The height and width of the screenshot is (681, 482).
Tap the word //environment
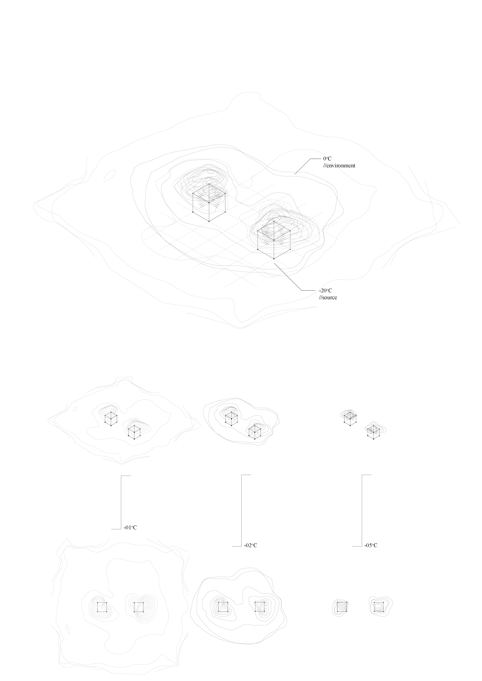(x=339, y=166)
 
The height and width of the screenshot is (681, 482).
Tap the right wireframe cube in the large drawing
(x=274, y=240)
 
